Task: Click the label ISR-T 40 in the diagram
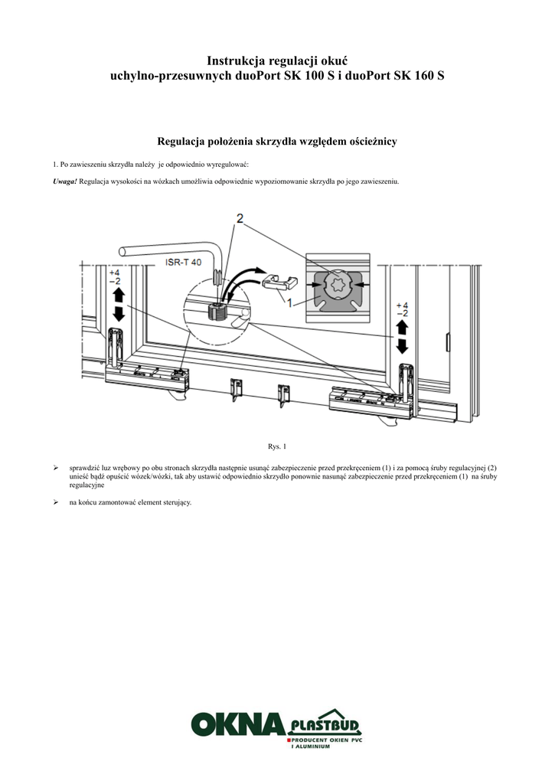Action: pyautogui.click(x=184, y=263)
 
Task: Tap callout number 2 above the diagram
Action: pyautogui.click(x=240, y=219)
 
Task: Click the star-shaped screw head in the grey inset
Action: pyautogui.click(x=338, y=289)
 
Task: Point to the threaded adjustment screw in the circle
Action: pyautogui.click(x=215, y=311)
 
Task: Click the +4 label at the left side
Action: pyautogui.click(x=115, y=273)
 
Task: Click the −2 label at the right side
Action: pyautogui.click(x=402, y=314)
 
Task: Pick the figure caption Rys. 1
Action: pyautogui.click(x=276, y=446)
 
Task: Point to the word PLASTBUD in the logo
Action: pyautogui.click(x=325, y=724)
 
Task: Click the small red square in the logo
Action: pyautogui.click(x=289, y=742)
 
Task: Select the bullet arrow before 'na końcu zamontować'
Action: pyautogui.click(x=55, y=502)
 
